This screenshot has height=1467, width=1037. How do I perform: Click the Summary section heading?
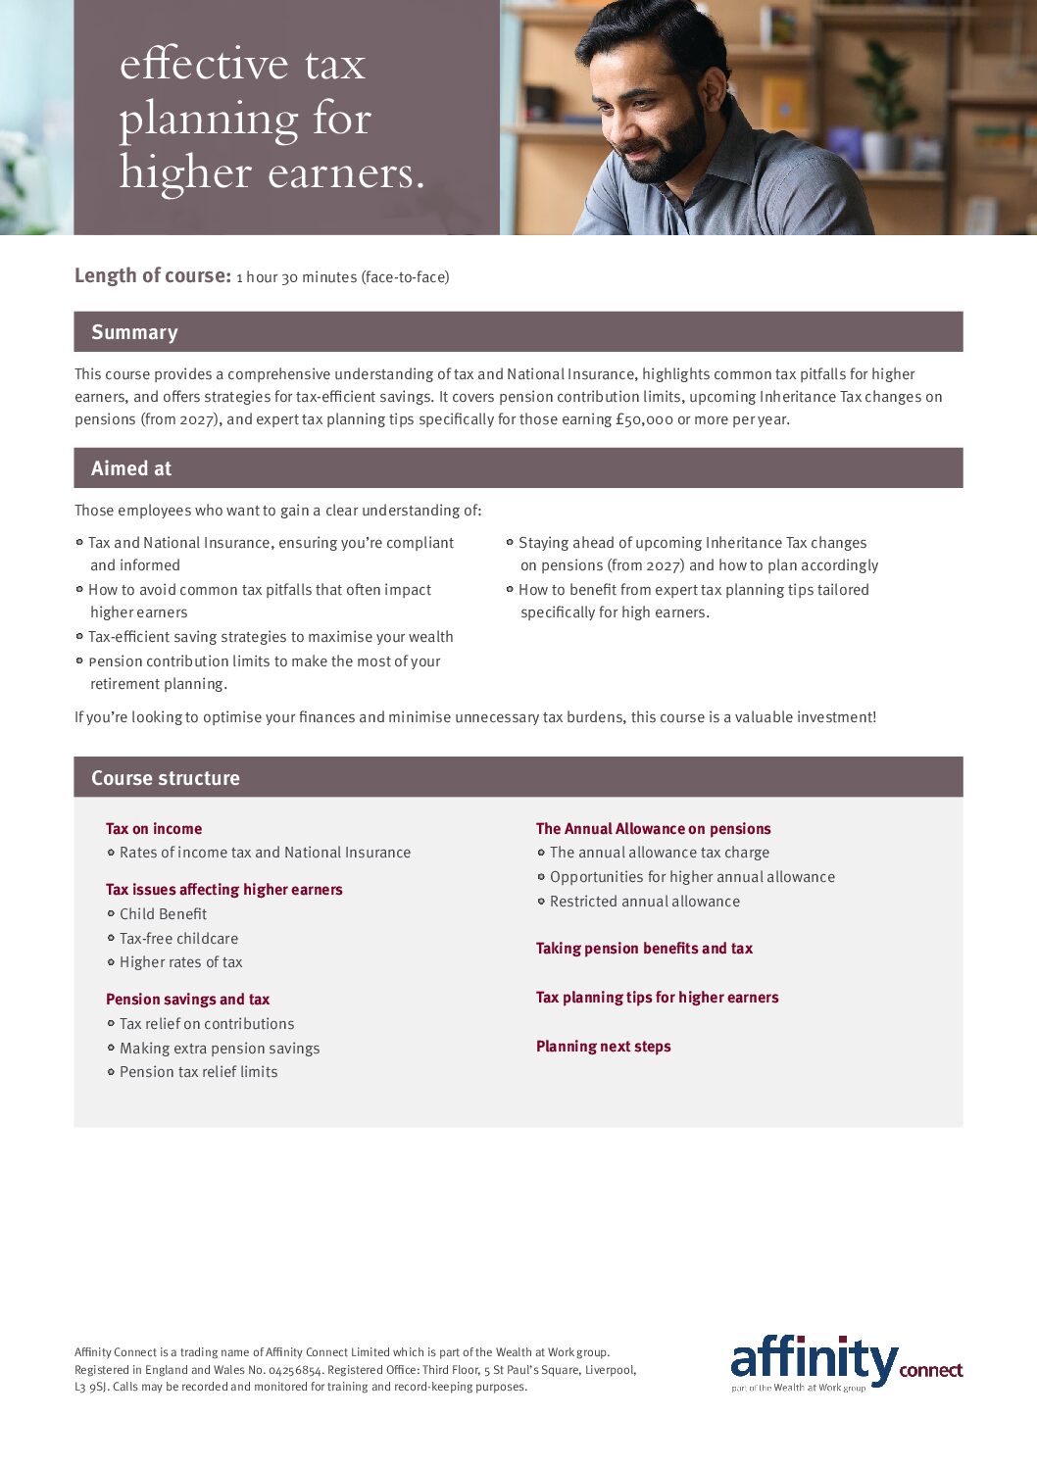(134, 332)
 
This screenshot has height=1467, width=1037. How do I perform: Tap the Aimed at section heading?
(131, 468)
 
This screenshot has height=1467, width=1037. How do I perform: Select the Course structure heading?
(166, 778)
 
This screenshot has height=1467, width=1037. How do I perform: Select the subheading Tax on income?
(154, 829)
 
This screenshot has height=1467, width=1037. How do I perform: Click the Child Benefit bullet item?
(163, 914)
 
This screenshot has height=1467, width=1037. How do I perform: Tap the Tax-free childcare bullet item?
(178, 939)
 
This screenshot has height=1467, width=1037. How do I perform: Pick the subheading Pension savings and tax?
(187, 1000)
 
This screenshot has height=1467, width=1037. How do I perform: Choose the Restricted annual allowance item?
(644, 902)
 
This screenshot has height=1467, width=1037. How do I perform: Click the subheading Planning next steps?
(603, 1047)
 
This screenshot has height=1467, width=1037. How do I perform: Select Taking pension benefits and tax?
(644, 949)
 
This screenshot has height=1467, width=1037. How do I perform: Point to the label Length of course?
(152, 275)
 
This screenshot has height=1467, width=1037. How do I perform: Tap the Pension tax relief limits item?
(198, 1072)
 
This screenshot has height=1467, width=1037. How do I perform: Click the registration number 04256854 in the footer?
(295, 1370)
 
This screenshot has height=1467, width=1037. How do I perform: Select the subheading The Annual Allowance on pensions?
(653, 829)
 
